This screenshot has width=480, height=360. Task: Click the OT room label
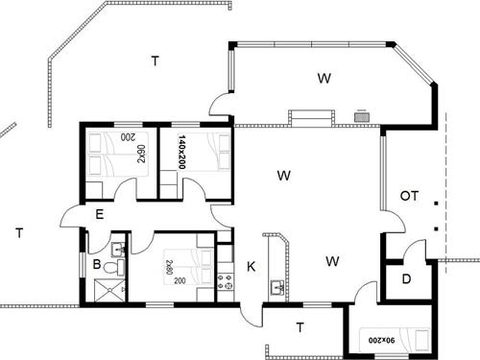409,196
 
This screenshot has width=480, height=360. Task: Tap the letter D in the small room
406,279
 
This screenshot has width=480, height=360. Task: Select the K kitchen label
252,267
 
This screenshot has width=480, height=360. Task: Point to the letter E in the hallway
100,214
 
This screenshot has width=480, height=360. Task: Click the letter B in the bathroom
97,265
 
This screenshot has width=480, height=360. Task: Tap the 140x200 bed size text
181,152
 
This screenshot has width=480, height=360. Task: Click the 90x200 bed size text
381,341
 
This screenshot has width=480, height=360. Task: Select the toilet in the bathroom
113,267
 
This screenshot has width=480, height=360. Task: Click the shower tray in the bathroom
109,290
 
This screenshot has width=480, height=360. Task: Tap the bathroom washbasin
118,250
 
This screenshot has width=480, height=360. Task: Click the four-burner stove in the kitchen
225,281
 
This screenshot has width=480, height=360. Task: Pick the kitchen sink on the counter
277,287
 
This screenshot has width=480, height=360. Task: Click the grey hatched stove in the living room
362,117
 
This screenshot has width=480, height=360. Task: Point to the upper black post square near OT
436,203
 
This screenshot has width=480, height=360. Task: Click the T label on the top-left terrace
156,60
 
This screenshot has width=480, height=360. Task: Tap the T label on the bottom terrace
300,327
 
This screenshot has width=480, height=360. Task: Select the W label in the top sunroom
324,78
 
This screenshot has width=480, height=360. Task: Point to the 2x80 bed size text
169,268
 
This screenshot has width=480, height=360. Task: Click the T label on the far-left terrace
19,233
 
